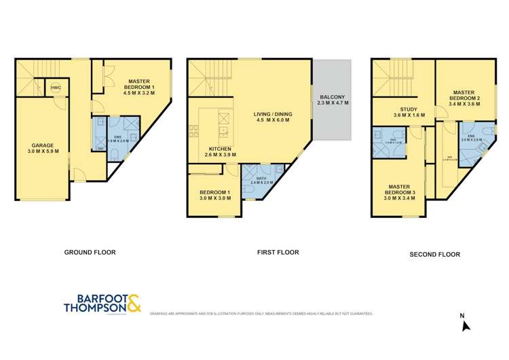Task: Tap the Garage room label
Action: pyautogui.click(x=42, y=145)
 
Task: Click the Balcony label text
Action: pyautogui.click(x=333, y=97)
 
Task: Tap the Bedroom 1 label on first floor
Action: pyautogui.click(x=214, y=192)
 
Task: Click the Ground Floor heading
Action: pyautogui.click(x=90, y=252)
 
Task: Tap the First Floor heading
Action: pyautogui.click(x=278, y=252)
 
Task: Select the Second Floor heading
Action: pyautogui.click(x=434, y=255)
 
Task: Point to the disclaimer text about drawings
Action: pyautogui.click(x=261, y=314)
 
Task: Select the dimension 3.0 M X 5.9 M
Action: pyautogui.click(x=42, y=151)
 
